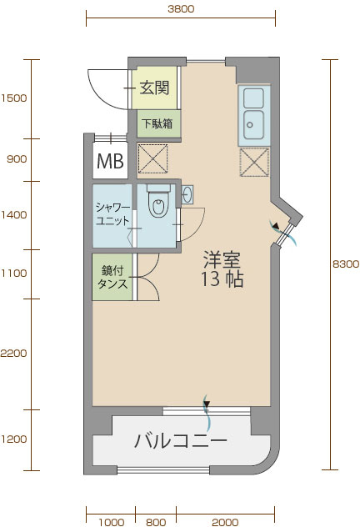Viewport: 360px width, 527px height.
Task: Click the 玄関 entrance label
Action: pos(154,88)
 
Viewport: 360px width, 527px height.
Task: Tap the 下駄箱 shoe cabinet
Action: pos(157,123)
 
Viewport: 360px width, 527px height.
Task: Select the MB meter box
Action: pos(111,161)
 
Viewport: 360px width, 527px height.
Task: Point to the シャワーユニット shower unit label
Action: pos(112,213)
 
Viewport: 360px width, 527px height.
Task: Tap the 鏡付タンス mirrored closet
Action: pos(112,277)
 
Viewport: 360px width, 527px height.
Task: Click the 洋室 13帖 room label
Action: pos(222,269)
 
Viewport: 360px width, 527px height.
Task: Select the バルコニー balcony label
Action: pos(181,440)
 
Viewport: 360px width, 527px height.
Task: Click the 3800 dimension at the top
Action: pos(181,8)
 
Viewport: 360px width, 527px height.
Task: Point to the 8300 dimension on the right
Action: pos(346,264)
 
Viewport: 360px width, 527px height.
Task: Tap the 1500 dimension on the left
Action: pos(14,98)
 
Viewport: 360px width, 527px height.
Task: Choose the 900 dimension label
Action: pos(17,159)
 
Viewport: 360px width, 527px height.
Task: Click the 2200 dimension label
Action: pos(14,354)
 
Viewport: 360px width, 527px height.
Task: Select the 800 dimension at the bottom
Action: pos(156,522)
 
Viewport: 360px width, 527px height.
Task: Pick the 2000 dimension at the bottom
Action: pos(225,522)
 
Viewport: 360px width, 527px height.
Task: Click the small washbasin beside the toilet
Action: pos(187,194)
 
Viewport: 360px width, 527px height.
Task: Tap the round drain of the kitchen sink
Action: pos(249,125)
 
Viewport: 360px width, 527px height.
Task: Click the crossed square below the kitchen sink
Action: pos(254,162)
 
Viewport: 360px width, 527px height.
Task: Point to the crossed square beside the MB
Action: pos(152,158)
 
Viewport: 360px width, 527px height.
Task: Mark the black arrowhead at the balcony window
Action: pos(207,404)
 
